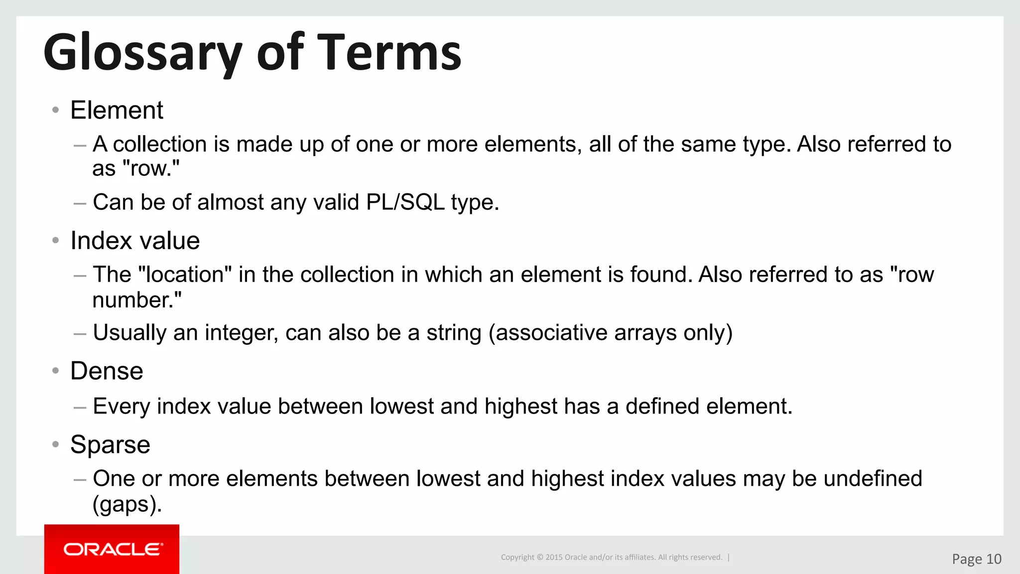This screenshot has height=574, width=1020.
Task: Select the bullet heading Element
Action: (117, 110)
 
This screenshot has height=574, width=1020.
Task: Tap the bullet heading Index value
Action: (135, 241)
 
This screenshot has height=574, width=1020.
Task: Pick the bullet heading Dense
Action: (107, 371)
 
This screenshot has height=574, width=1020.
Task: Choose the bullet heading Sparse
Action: (110, 444)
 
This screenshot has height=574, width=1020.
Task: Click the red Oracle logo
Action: (112, 549)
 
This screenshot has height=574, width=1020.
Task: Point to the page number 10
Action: (993, 559)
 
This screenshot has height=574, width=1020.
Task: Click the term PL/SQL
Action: (405, 202)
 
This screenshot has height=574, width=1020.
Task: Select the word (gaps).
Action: (127, 504)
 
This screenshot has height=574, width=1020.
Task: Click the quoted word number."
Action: (137, 300)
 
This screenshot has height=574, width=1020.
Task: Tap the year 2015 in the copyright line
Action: (553, 557)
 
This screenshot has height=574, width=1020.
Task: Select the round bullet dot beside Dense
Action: (56, 371)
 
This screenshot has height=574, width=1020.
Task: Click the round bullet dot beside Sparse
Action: (56, 444)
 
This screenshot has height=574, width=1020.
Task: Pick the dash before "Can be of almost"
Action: (80, 203)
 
